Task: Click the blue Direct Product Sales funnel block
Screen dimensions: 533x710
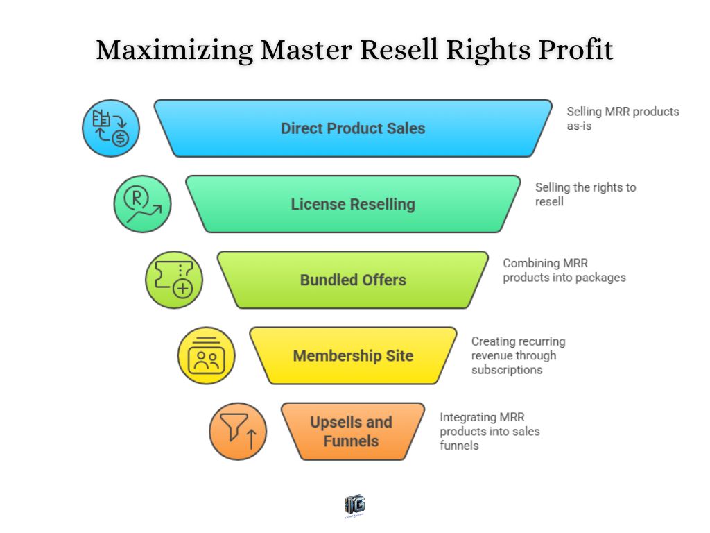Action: (353, 128)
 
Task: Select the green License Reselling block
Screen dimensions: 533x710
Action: (353, 204)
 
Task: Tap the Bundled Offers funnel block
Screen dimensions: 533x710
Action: (353, 280)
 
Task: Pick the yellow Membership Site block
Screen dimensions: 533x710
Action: (353, 355)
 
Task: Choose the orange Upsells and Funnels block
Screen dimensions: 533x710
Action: (352, 431)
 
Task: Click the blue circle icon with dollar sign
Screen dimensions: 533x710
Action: (111, 128)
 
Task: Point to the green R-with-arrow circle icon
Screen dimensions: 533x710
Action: (142, 204)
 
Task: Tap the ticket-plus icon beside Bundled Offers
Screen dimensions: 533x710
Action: (173, 280)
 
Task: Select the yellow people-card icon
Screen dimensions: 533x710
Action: (206, 355)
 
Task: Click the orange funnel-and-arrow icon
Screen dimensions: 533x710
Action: (238, 431)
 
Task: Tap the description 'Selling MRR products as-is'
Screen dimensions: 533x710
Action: (622, 119)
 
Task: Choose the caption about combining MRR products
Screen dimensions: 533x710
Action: (564, 270)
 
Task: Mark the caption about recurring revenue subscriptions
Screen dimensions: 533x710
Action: (518, 355)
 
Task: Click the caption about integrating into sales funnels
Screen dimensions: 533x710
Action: (489, 431)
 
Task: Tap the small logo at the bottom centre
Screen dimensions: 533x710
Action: (354, 506)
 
